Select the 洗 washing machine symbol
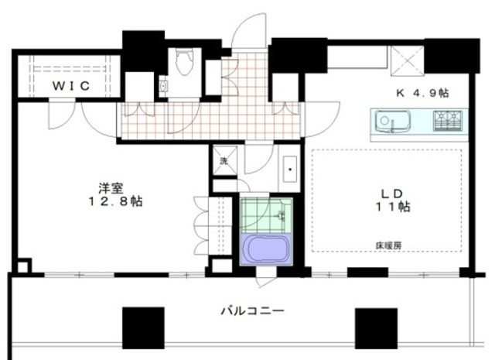click(224, 162)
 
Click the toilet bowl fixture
click(184, 63)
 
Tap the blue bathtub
click(265, 250)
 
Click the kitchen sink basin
click(387, 121)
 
